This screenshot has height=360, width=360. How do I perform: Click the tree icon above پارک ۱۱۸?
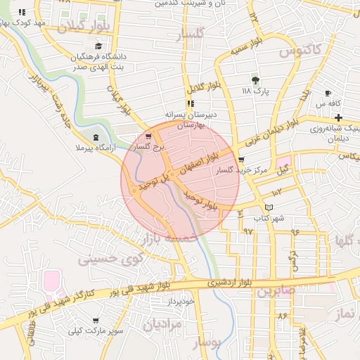tap(255, 80)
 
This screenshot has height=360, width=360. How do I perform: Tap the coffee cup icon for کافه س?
tap(328, 94)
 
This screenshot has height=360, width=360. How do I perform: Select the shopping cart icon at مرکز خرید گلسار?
tap(241, 160)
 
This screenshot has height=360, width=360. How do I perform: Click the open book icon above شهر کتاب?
tap(268, 207)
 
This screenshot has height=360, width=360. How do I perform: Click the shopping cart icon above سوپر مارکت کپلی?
tap(96, 321)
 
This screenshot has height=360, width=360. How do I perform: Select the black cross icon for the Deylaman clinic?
tap(338, 117)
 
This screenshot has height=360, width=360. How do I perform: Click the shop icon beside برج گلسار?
tap(148, 136)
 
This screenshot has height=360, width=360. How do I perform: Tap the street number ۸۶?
tap(283, 316)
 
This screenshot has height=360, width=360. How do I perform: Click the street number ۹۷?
tap(247, 231)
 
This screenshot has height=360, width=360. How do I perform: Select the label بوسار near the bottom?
tap(206, 342)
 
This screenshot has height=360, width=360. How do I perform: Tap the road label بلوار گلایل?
tap(199, 87)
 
